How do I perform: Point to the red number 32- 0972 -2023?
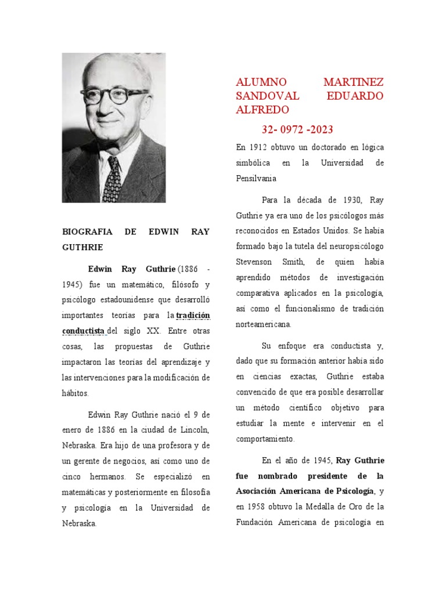click(297, 129)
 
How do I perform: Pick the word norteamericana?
click(264, 324)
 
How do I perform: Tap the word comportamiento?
click(265, 439)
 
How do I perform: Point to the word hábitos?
click(75, 393)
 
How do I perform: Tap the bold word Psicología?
click(355, 491)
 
